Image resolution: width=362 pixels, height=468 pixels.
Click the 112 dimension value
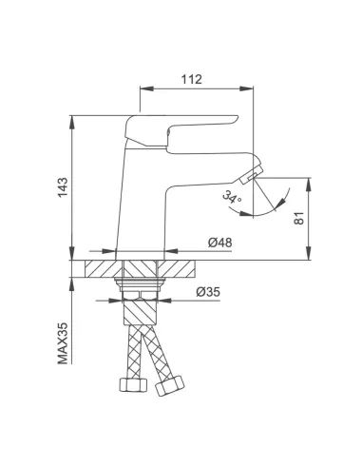point(191,79)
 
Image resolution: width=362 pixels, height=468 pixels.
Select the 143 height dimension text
point(63,187)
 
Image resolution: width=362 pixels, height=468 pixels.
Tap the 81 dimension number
point(299,218)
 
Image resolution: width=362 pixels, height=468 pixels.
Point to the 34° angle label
point(232,197)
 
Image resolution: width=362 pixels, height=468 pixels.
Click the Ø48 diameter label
point(219,243)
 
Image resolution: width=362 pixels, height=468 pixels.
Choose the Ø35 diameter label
point(208,292)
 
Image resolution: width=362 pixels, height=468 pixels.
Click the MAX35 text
point(63,343)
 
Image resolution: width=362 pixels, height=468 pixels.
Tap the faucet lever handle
point(181,130)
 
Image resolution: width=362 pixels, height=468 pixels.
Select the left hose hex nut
point(133,384)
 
